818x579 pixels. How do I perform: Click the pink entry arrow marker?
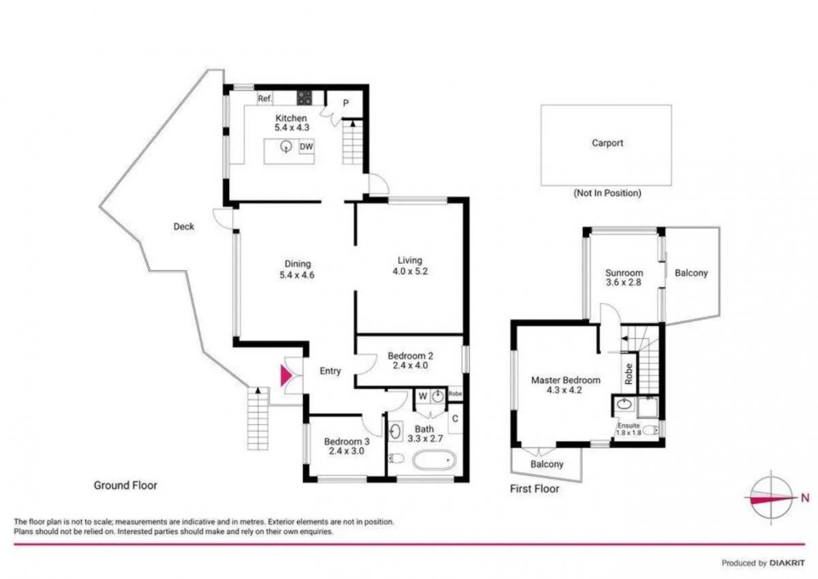tap(285, 376)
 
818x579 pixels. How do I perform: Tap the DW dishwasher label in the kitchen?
tap(306, 147)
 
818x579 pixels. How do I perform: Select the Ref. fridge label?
tap(264, 98)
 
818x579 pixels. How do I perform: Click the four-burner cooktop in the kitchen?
tap(304, 98)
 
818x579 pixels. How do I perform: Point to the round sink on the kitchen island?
tap(286, 147)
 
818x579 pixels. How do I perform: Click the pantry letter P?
tap(346, 104)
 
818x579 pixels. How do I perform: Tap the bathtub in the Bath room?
tap(434, 460)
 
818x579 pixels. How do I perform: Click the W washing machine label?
tap(423, 396)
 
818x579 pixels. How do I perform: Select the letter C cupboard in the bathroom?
tap(455, 419)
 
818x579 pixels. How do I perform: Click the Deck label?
tap(183, 226)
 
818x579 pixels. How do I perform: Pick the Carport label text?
tap(607, 143)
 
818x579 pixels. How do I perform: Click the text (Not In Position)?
tap(607, 193)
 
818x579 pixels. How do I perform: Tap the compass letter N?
tap(805, 498)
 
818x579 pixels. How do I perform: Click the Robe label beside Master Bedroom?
tap(628, 374)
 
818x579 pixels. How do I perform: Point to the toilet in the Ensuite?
tap(650, 430)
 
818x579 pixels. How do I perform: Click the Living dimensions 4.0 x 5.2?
tap(410, 271)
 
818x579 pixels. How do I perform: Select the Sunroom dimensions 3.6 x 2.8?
tap(623, 282)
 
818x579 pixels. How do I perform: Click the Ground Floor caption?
tap(125, 485)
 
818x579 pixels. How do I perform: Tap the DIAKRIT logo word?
tap(787, 563)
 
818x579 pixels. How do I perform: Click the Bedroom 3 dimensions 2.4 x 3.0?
tap(346, 451)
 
